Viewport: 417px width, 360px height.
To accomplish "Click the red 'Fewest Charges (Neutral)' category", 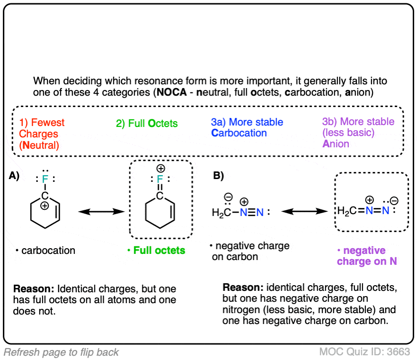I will [42, 134].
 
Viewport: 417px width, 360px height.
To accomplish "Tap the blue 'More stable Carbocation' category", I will [247, 128].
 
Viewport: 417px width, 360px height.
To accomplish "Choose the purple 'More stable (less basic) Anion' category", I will [351, 133].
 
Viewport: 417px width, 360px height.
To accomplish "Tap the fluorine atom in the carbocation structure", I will [45, 179].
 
